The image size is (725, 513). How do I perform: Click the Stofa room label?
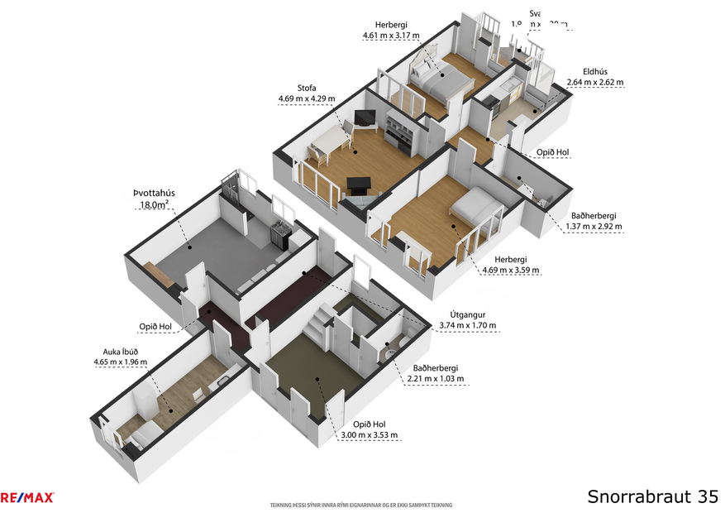pos(307,88)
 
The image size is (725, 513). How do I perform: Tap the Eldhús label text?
pos(594,72)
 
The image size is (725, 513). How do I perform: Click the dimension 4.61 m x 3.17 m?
pos(391,36)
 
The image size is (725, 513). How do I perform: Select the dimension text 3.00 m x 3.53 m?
pos(370,435)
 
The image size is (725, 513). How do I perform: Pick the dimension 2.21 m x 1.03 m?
pos(435,379)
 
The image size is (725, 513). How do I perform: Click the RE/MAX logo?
pos(27,497)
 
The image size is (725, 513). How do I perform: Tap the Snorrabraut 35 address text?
pos(652,496)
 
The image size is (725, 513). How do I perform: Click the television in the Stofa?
pos(365,118)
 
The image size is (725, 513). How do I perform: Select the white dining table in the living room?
pos(327,145)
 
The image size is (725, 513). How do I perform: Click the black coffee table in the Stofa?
pos(359,184)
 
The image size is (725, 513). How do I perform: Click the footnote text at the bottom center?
pos(361,505)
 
